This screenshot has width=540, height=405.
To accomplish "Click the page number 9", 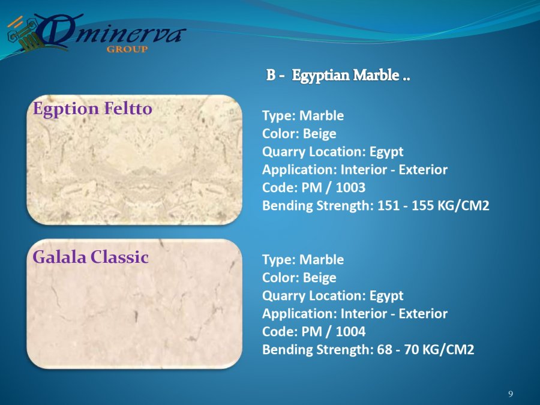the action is (511, 394).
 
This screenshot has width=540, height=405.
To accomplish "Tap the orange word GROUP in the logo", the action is (127, 49).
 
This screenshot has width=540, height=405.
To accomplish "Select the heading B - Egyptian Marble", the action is (338, 75).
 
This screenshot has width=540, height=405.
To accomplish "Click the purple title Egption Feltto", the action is (92, 109).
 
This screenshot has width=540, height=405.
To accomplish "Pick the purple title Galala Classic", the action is (91, 257).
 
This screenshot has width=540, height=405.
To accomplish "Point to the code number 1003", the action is (350, 187).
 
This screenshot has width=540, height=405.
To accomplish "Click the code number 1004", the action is (350, 331).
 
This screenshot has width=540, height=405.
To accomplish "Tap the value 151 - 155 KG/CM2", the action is (433, 205).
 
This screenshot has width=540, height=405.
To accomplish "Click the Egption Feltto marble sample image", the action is (134, 160).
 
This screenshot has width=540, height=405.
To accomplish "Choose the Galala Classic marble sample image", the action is (134, 304).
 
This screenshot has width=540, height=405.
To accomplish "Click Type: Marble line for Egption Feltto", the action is (303, 115).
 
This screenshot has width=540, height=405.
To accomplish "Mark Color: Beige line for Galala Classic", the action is (299, 278).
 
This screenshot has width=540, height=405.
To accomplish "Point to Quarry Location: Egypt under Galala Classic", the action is (332, 296).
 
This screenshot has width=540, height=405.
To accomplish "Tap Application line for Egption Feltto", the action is (355, 169).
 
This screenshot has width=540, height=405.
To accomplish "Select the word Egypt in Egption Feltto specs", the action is (386, 152).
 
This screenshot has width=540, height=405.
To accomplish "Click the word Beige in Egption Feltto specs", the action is (319, 134).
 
